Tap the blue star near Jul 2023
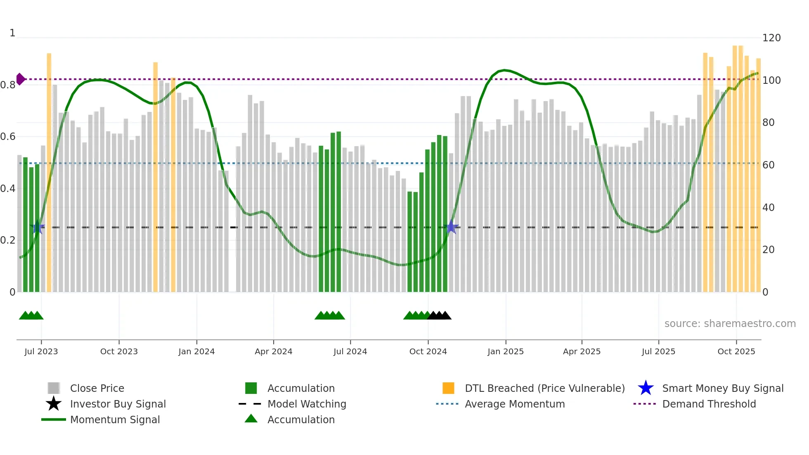tap(38, 227)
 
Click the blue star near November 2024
tap(451, 227)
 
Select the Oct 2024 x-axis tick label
tap(428, 351)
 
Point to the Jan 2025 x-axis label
tap(505, 351)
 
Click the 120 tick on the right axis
tap(771, 38)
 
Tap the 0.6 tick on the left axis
tap(8, 137)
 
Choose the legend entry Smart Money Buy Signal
tap(722, 388)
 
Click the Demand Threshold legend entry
tap(709, 404)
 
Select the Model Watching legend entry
tap(306, 404)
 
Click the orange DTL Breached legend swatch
tap(448, 388)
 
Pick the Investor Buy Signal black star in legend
tap(54, 404)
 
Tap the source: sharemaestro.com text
tap(730, 324)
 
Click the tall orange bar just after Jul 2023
tap(49, 173)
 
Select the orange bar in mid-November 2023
tap(156, 178)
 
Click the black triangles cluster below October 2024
tap(439, 316)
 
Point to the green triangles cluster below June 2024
tap(330, 316)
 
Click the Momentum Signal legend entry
tap(114, 419)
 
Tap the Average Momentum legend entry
tap(514, 404)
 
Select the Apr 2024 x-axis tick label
tap(273, 351)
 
